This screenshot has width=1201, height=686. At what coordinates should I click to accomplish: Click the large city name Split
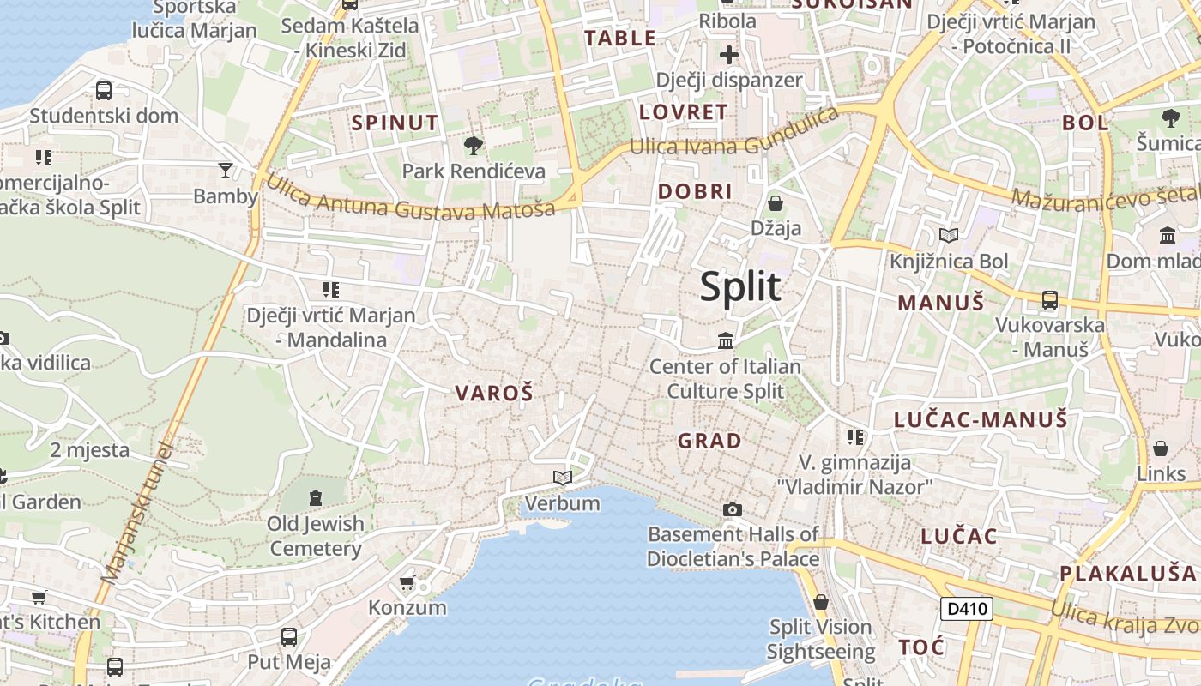(x=740, y=286)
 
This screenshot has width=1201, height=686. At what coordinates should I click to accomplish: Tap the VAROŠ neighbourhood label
(x=494, y=394)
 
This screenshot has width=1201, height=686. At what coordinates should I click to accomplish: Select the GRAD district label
(x=709, y=441)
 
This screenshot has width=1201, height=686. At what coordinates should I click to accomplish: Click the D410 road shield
(x=967, y=609)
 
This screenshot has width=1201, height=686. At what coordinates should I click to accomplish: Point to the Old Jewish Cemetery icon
(x=316, y=497)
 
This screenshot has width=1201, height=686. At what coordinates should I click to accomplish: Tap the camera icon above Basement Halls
(x=732, y=509)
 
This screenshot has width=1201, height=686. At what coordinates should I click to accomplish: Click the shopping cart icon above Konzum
(x=407, y=582)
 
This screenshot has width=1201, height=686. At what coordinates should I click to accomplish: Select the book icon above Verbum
(x=563, y=477)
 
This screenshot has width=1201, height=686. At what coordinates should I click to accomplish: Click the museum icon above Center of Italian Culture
(x=726, y=340)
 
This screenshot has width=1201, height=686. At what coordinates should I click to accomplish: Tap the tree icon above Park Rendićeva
(x=473, y=145)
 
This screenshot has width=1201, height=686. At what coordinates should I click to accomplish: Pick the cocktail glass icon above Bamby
(x=226, y=171)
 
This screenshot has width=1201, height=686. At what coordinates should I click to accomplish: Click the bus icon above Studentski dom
(x=104, y=90)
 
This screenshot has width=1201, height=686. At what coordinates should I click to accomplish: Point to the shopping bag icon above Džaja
(x=776, y=203)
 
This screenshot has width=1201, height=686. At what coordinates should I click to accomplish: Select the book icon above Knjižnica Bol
(x=949, y=235)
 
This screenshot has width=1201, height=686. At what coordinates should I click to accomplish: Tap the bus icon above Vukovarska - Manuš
(x=1050, y=300)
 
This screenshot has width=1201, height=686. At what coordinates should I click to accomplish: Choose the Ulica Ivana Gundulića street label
(x=733, y=136)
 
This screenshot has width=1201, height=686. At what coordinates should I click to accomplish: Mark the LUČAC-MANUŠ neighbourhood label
(x=981, y=419)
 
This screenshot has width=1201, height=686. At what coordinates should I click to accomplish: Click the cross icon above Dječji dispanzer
(x=729, y=56)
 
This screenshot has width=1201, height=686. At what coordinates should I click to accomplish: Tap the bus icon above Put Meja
(x=289, y=636)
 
